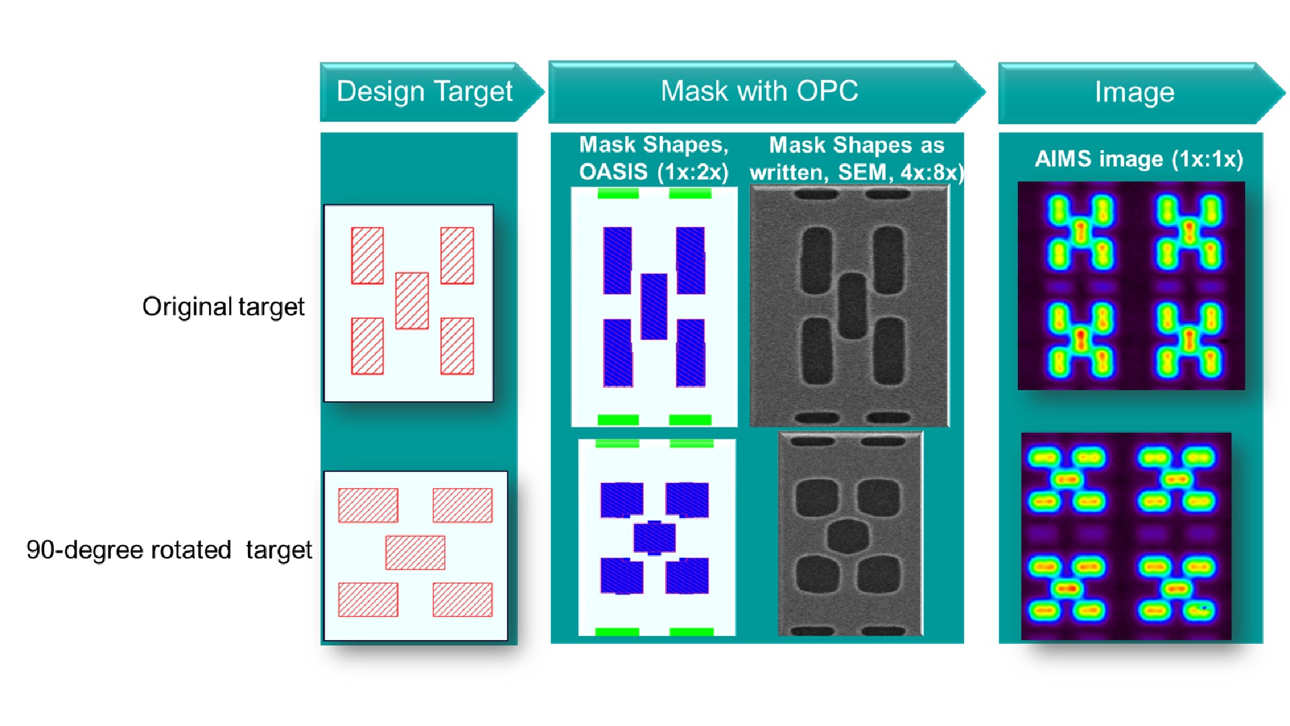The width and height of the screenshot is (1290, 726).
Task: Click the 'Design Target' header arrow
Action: tap(430, 92)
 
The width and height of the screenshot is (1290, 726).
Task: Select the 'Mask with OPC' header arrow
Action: tap(766, 92)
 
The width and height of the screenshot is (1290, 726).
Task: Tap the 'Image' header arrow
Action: tap(1141, 93)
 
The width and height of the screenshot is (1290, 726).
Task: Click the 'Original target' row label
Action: tap(223, 307)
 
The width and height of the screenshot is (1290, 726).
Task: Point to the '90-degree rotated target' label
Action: tap(169, 550)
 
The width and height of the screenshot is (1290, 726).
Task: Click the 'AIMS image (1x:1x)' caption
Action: tap(1139, 159)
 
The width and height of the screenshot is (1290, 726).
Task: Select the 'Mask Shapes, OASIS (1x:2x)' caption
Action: tap(654, 159)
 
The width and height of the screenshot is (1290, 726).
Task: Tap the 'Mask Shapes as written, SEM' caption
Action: tap(857, 159)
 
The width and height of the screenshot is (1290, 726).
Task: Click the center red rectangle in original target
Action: tap(412, 300)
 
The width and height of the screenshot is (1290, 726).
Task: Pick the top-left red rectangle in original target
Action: tap(368, 255)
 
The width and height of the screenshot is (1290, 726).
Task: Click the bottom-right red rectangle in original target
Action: tap(457, 346)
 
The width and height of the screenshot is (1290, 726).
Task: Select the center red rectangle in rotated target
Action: tap(415, 553)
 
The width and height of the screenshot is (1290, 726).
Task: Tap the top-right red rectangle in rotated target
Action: tap(462, 506)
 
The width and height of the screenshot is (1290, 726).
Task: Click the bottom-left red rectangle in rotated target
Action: tap(368, 600)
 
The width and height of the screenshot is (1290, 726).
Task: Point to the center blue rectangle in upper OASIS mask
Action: tap(654, 307)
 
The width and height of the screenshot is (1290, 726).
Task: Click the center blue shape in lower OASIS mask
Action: tap(654, 537)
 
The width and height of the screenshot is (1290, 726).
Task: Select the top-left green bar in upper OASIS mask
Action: tap(618, 194)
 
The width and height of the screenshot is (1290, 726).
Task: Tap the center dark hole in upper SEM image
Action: tap(853, 306)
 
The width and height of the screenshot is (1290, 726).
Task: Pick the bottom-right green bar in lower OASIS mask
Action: tap(691, 632)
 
